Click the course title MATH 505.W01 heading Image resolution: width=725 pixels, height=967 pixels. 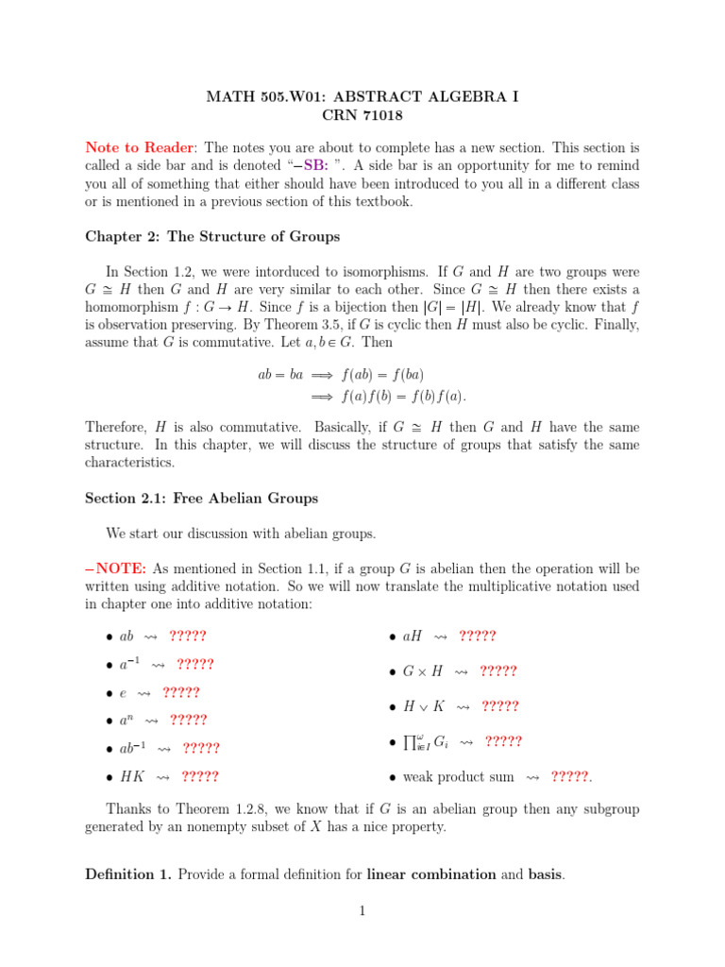pyautogui.click(x=362, y=96)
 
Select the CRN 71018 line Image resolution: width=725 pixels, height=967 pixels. pyautogui.click(x=362, y=114)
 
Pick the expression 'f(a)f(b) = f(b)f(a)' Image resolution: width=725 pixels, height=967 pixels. pyautogui.click(x=402, y=395)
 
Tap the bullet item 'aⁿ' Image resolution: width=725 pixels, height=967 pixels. pyautogui.click(x=126, y=721)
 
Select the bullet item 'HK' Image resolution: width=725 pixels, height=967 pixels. pyautogui.click(x=131, y=776)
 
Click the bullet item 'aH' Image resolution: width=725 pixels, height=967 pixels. pyautogui.click(x=413, y=636)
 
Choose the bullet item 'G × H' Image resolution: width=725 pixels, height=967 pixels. pyautogui.click(x=422, y=671)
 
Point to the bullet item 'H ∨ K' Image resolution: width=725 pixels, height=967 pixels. pyautogui.click(x=423, y=706)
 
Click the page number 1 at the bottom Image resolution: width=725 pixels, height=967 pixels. pyautogui.click(x=362, y=911)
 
